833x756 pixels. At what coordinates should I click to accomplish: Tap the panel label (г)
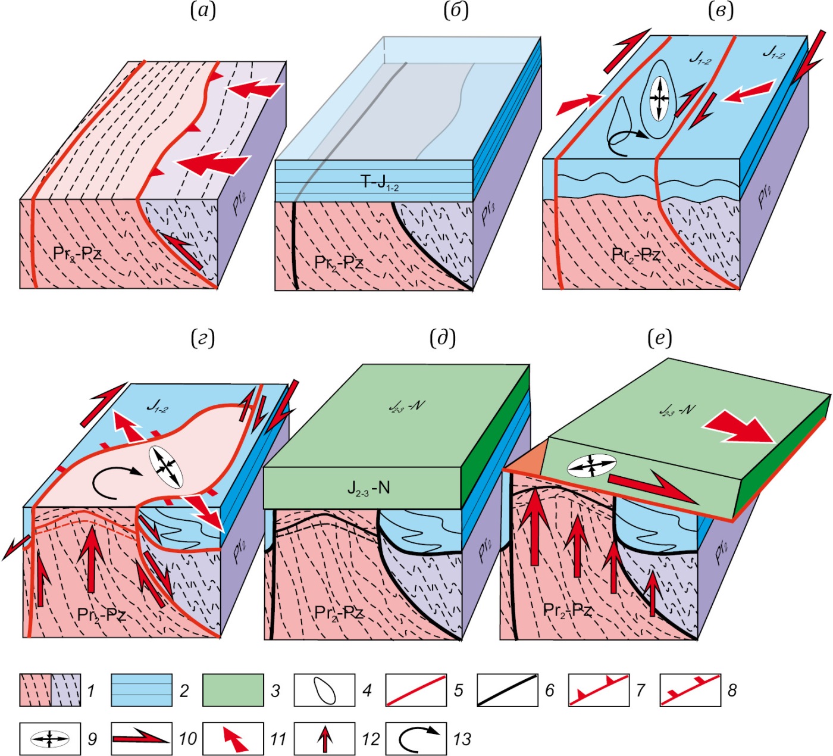tap(202, 338)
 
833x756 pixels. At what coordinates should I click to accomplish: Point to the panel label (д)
tap(442, 338)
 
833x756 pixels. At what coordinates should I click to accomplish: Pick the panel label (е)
tap(659, 338)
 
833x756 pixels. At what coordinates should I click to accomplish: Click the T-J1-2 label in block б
tap(380, 183)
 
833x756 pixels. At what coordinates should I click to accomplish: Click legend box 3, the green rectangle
tap(233, 690)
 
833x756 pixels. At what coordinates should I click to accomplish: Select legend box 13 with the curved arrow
tap(416, 739)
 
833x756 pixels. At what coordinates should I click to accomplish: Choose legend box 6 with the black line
tap(508, 690)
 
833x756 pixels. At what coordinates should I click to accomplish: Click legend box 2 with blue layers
tap(141, 690)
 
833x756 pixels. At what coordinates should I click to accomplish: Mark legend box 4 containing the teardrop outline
tap(324, 690)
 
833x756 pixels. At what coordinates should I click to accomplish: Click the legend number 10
tap(187, 739)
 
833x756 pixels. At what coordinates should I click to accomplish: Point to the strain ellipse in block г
tap(165, 467)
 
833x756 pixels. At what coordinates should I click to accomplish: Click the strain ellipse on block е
tap(591, 466)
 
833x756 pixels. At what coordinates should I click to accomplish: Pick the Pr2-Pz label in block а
tap(77, 253)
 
